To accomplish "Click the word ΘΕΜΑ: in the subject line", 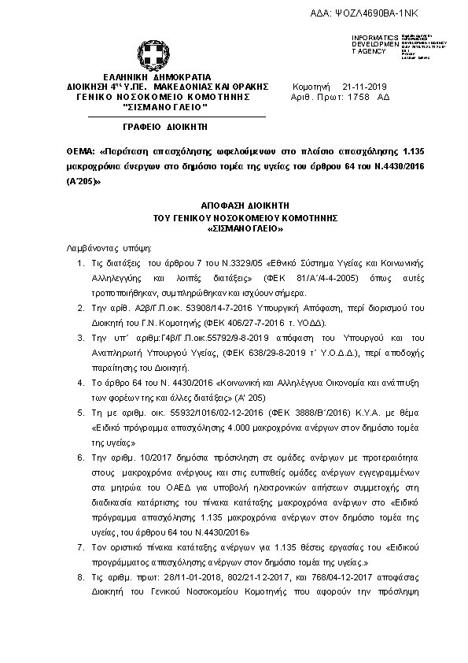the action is coord(82,150).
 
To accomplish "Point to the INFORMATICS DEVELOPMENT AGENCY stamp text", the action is coord(369,44).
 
